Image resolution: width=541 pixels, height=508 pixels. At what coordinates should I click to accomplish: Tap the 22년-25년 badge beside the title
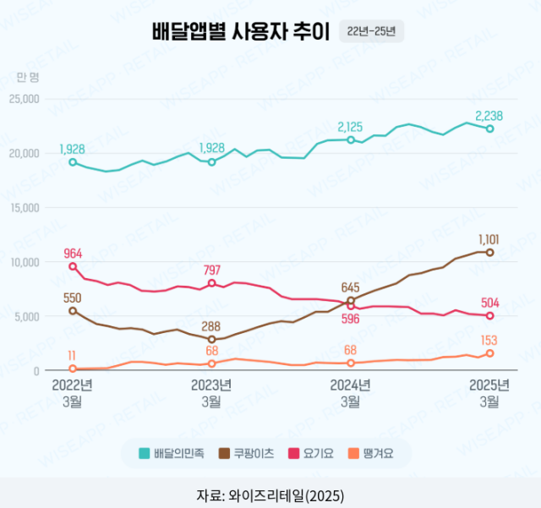click(371, 32)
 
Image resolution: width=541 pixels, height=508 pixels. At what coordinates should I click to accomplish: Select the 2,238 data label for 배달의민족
click(489, 115)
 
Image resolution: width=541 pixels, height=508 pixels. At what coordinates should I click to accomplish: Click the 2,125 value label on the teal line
click(350, 127)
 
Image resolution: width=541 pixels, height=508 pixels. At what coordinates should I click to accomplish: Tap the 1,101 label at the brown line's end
click(489, 239)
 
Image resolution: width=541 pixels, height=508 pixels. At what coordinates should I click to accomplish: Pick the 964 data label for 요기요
click(73, 253)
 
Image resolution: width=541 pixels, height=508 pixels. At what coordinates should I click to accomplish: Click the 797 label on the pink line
click(211, 270)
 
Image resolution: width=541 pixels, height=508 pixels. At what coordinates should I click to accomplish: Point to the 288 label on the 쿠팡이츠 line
click(211, 325)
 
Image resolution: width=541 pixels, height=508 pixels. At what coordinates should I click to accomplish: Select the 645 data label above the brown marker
click(350, 288)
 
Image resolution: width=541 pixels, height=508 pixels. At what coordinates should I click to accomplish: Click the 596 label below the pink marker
click(350, 319)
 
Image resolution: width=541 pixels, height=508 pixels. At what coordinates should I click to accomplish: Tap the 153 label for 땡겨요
click(489, 340)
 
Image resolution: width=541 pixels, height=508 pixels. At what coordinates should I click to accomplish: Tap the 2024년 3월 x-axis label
click(350, 393)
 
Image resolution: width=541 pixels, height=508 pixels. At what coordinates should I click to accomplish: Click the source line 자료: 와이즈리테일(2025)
click(270, 494)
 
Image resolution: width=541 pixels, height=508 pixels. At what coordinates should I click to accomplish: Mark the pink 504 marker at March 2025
click(489, 316)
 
